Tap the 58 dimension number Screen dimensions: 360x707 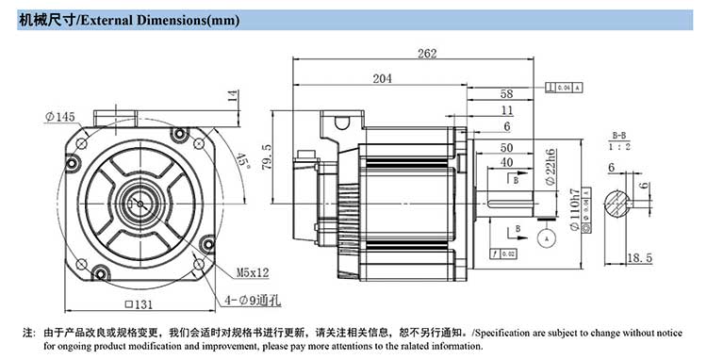pyautogui.click(x=506, y=94)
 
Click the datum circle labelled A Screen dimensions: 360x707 pyautogui.click(x=546, y=238)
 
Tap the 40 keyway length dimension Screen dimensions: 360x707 pyautogui.click(x=506, y=162)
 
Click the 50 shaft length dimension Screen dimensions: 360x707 pyautogui.click(x=506, y=148)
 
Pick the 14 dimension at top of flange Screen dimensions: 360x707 pyautogui.click(x=231, y=95)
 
